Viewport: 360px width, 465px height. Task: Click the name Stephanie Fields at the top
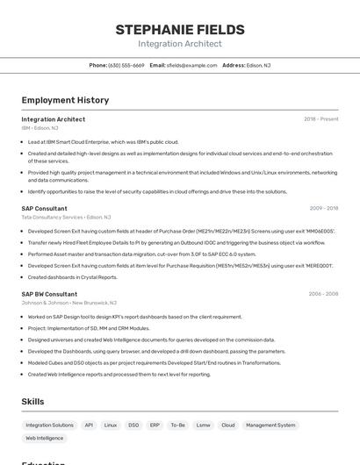click(179, 30)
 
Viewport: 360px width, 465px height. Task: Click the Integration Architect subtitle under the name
click(179, 44)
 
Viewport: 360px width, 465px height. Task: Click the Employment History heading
click(65, 100)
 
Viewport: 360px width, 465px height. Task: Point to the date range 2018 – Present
click(320, 118)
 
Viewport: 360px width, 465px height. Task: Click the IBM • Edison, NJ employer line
click(40, 128)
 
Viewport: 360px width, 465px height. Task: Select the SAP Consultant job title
click(44, 208)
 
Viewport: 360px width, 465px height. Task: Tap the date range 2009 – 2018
click(323, 208)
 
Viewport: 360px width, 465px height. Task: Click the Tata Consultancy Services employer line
click(66, 217)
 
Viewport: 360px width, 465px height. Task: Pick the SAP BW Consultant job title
click(49, 294)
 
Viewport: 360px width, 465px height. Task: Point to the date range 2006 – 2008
click(323, 294)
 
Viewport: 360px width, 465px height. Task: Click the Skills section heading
click(33, 402)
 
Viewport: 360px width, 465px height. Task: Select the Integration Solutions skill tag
click(50, 425)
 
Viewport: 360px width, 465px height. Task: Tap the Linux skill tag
click(111, 425)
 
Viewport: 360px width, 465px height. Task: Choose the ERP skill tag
click(155, 425)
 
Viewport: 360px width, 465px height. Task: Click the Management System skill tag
click(270, 425)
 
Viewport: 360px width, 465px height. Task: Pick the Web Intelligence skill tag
click(45, 438)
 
